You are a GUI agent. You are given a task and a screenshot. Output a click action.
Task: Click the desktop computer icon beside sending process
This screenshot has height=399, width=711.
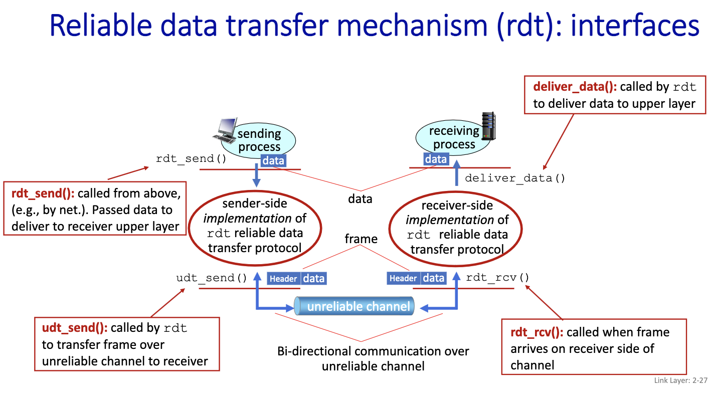coord(225,129)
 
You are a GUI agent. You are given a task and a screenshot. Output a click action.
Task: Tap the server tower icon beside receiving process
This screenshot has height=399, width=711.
coord(488,126)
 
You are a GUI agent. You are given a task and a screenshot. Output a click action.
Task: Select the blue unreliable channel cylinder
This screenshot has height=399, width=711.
coord(354,306)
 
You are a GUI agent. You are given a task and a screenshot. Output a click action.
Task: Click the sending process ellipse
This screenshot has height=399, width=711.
coord(259,141)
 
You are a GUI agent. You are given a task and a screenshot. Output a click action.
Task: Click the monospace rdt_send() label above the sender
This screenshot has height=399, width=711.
coord(191,159)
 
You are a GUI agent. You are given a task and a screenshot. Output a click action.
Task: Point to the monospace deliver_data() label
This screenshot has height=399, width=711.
coord(515,178)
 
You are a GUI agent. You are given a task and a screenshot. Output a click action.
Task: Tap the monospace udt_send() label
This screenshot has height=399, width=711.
coord(212,278)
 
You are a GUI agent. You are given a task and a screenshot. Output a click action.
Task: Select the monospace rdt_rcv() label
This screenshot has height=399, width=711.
coord(497,278)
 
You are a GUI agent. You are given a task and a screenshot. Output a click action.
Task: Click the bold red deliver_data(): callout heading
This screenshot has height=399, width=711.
coord(575,87)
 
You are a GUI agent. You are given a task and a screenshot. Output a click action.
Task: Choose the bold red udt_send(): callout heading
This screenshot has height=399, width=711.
coord(75,328)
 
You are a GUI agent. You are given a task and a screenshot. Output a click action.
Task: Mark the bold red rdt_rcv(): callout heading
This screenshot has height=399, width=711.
coord(537,332)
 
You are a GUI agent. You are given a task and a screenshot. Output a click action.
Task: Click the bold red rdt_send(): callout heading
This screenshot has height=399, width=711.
coord(42,193)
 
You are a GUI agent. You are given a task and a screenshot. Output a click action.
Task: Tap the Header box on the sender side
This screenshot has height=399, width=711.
coord(284,279)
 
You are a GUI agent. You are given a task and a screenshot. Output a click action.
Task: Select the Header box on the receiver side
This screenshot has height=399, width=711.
coord(403,278)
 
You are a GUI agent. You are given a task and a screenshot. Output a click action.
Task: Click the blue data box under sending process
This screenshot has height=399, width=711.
coord(273,161)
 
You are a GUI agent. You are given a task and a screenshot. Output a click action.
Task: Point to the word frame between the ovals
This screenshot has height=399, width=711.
coord(361,239)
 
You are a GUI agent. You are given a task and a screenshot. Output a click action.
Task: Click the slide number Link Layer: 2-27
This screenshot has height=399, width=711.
coord(680,380)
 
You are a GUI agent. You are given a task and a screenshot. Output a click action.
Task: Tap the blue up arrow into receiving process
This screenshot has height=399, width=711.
coord(457,173)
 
